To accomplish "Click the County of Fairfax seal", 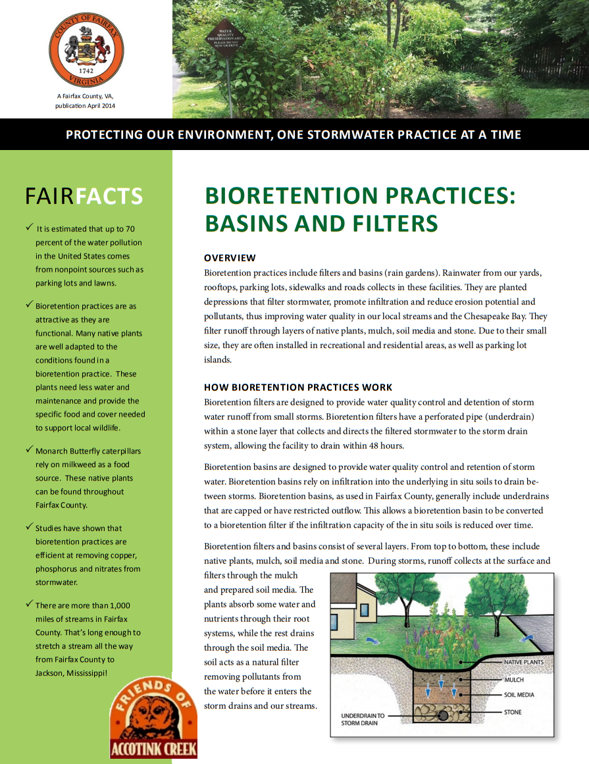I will [86, 50].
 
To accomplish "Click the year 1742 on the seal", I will [86, 70].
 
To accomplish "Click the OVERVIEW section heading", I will [230, 258].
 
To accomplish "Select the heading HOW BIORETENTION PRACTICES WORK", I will [298, 388].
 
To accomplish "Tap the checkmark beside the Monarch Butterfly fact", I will [29, 449].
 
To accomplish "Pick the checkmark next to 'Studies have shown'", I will [29, 526].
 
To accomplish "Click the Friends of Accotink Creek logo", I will [153, 717].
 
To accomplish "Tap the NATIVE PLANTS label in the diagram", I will [524, 662].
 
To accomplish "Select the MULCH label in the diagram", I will [514, 680].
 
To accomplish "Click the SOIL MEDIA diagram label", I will [519, 695].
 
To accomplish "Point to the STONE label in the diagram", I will [513, 711].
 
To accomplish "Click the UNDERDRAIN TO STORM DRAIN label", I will [363, 719].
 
